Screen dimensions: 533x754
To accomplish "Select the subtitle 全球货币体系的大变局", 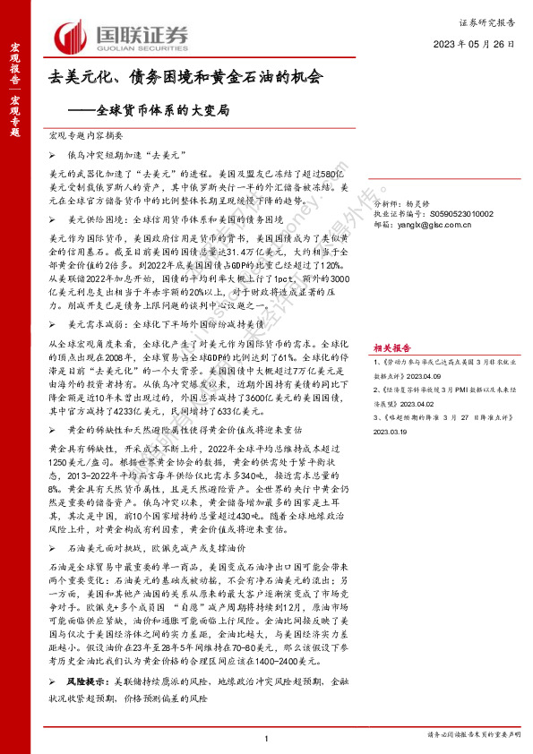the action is pyautogui.click(x=163, y=112).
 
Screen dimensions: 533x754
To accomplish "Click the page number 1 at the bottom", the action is pyautogui.click(x=267, y=738).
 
